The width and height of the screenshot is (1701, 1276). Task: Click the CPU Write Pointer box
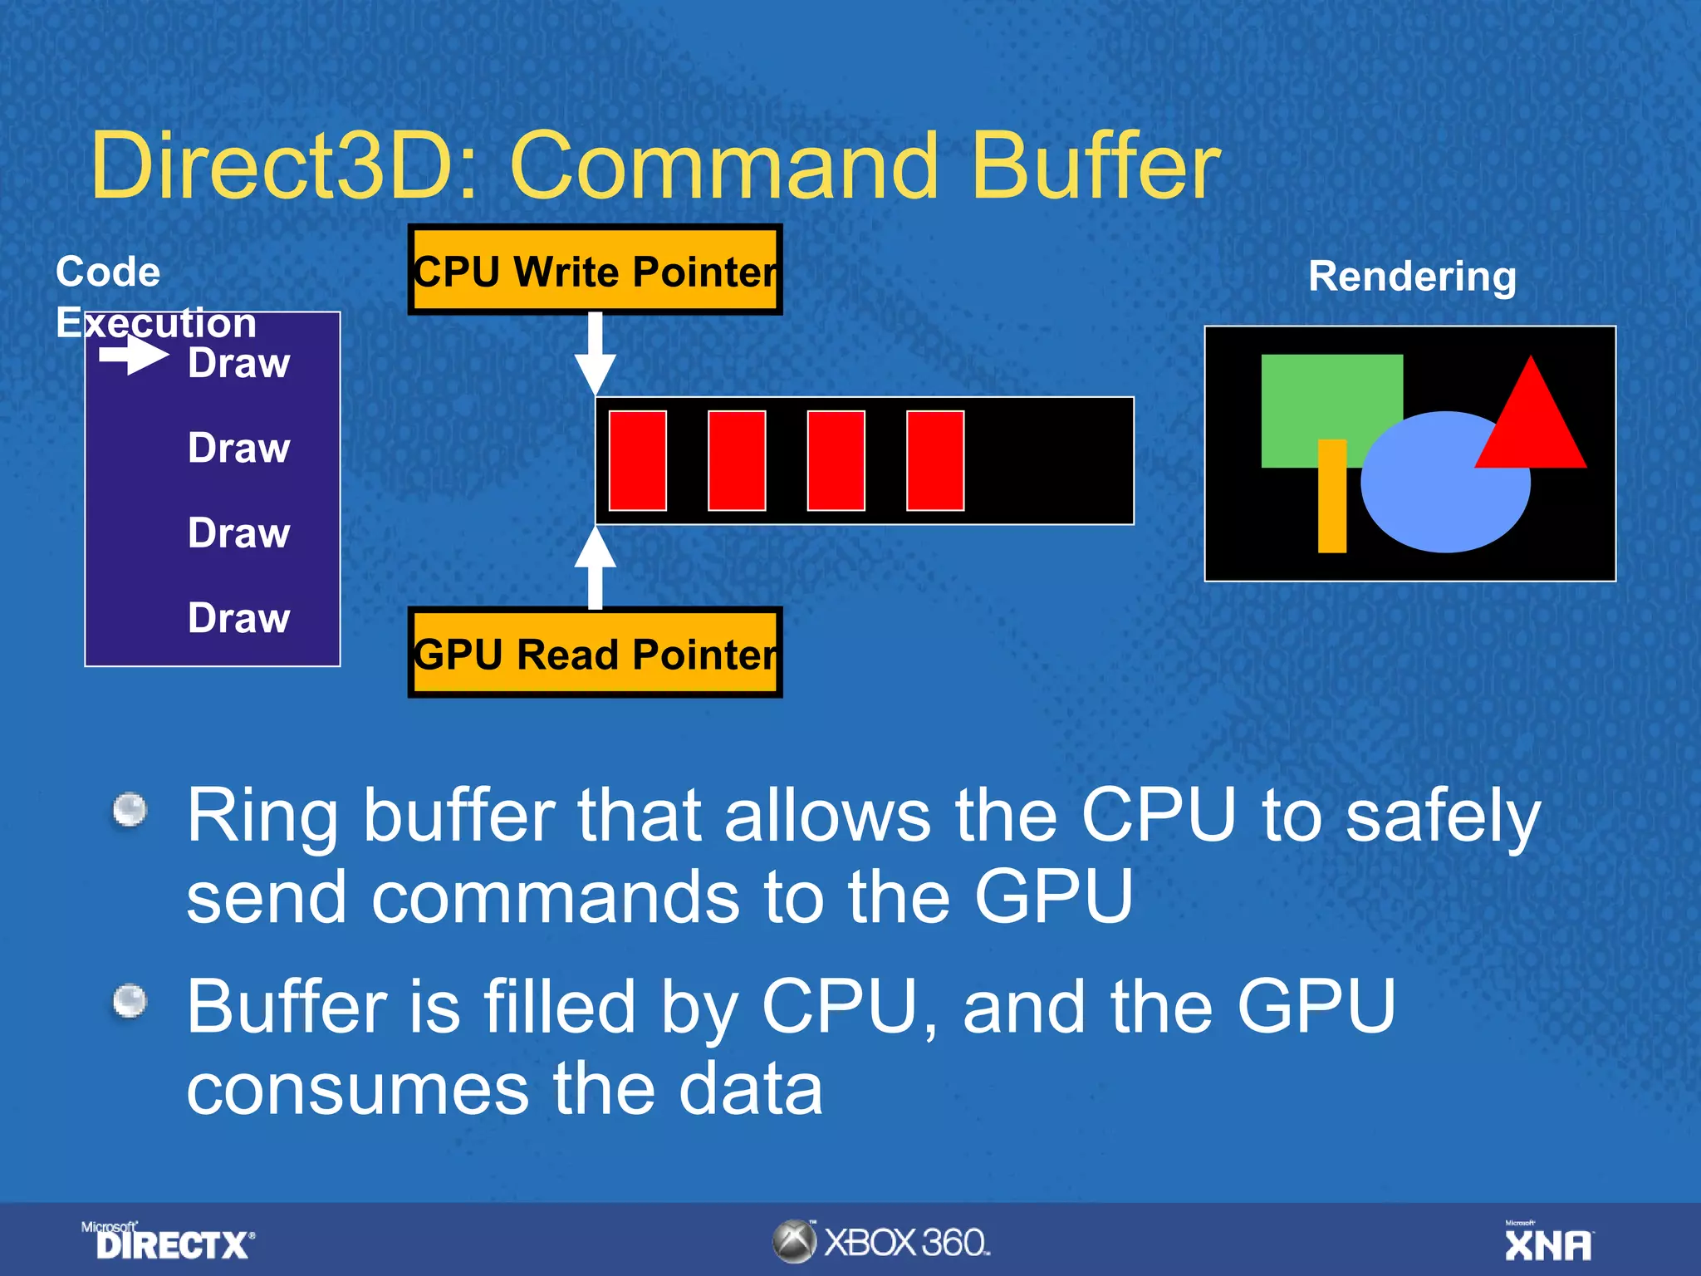595,270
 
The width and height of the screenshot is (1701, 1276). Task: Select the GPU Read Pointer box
595,653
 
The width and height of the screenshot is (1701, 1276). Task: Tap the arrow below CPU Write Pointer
596,352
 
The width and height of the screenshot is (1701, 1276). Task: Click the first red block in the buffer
638,460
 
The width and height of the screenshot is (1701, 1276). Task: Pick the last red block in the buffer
935,460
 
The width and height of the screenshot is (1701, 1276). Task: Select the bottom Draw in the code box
238,618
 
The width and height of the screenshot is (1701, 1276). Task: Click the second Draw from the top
238,448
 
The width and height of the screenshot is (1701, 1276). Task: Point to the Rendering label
1412,276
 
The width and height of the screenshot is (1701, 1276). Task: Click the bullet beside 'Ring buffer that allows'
130,810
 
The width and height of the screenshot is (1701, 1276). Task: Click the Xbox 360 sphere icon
794,1242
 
